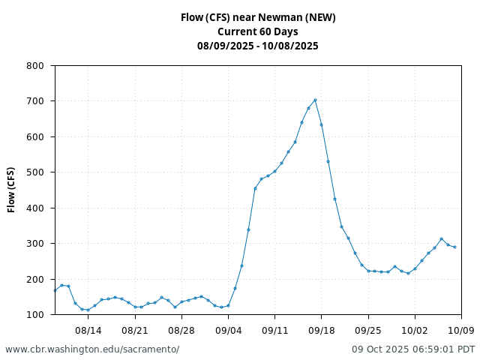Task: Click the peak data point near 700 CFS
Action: click(315, 100)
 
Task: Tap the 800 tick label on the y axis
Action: click(35, 66)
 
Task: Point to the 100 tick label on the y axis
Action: click(35, 315)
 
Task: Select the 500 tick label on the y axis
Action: click(35, 172)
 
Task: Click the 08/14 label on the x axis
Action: click(88, 330)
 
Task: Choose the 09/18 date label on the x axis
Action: click(321, 330)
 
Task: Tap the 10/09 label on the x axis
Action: click(461, 330)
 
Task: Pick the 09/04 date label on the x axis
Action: click(228, 330)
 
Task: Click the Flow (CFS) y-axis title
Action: click(12, 190)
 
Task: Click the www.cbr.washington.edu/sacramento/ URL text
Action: click(92, 349)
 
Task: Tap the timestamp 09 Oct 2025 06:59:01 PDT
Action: click(413, 349)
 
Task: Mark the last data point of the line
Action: click(454, 247)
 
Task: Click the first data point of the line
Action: click(55, 290)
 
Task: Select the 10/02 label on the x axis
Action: click(415, 330)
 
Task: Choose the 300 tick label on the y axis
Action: click(35, 244)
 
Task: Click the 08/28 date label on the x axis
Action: click(181, 330)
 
